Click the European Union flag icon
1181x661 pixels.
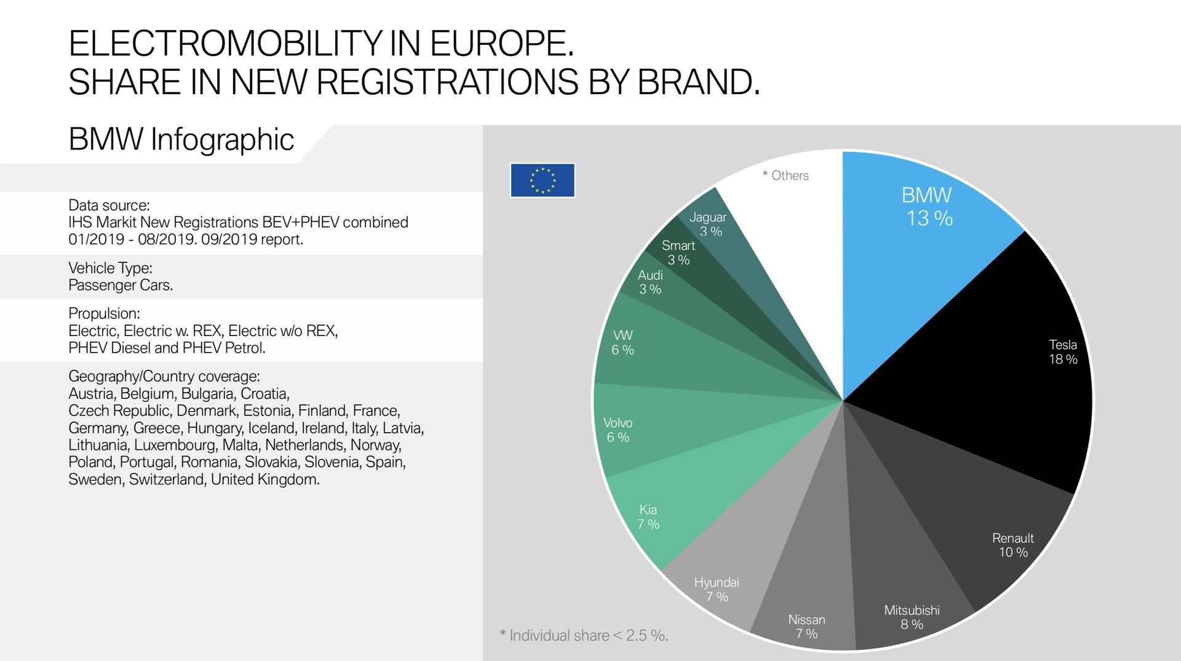click(x=542, y=180)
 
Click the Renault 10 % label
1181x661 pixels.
click(x=1012, y=545)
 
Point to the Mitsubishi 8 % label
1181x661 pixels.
click(x=912, y=617)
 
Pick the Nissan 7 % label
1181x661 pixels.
click(x=806, y=627)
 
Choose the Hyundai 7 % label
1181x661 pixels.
click(x=717, y=589)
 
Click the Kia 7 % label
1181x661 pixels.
click(x=648, y=517)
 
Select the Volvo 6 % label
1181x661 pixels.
click(x=618, y=430)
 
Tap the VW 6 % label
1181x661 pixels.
click(x=622, y=342)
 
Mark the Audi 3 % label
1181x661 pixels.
click(x=650, y=282)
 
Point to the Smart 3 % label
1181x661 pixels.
click(x=678, y=252)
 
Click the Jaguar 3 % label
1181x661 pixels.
click(x=708, y=224)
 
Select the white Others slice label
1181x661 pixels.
click(x=785, y=175)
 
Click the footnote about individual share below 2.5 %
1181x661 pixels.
click(x=584, y=635)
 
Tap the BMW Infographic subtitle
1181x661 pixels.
click(x=181, y=139)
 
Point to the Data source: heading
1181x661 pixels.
click(x=109, y=205)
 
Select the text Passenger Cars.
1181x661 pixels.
click(x=121, y=285)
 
